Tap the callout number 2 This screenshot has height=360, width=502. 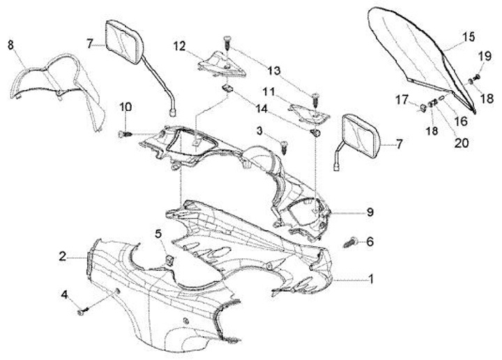pyautogui.click(x=62, y=257)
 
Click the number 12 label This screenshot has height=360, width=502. pyautogui.click(x=180, y=46)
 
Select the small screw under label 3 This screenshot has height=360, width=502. pyautogui.click(x=284, y=147)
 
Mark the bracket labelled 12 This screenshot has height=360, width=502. pyautogui.click(x=219, y=61)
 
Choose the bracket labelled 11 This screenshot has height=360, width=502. pyautogui.click(x=306, y=110)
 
